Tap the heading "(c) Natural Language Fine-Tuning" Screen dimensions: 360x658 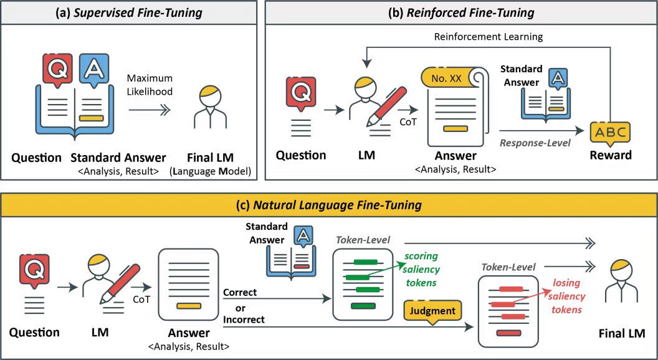pyautogui.click(x=329, y=204)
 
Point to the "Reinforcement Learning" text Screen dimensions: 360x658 pyautogui.click(x=489, y=37)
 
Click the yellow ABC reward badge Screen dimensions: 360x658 pyautogui.click(x=611, y=132)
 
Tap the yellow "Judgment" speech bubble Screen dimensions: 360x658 pyautogui.click(x=431, y=310)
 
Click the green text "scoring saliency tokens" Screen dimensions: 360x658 pyautogui.click(x=422, y=269)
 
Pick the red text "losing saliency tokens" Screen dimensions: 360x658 pyautogui.click(x=566, y=296)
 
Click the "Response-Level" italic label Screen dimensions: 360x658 pyautogui.click(x=534, y=143)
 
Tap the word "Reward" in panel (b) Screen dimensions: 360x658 pyautogui.click(x=611, y=155)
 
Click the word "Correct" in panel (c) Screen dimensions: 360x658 pyautogui.click(x=239, y=292)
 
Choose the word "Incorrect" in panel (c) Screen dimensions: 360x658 pyautogui.click(x=243, y=320)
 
